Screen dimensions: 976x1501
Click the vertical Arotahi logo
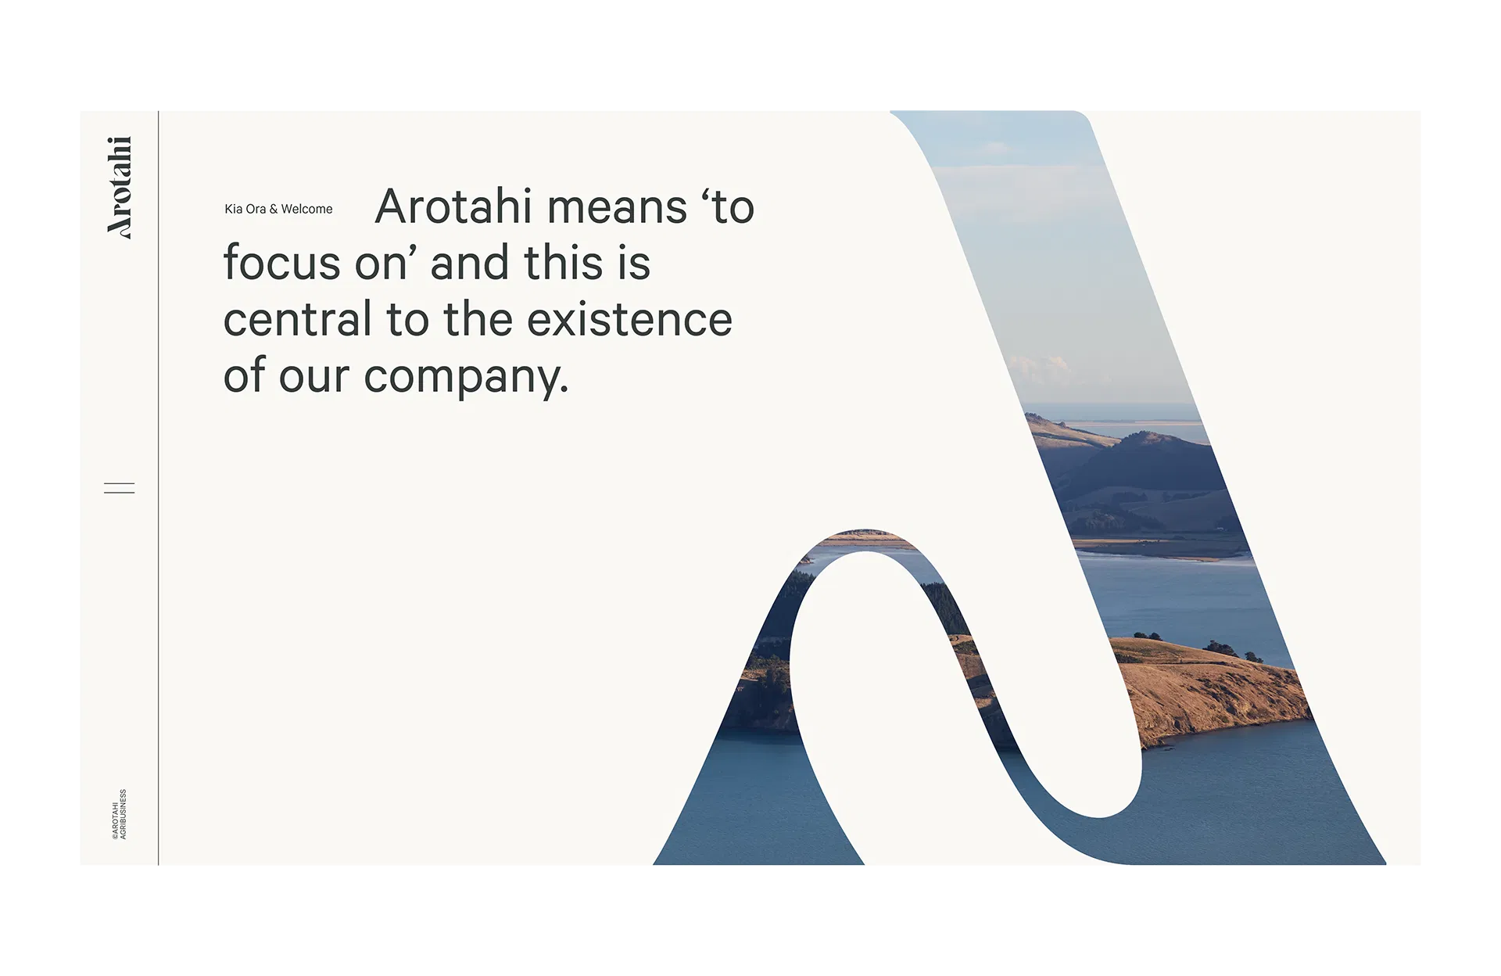tap(120, 187)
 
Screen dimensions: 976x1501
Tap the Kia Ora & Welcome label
tap(278, 209)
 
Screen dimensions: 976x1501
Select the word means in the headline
tap(617, 208)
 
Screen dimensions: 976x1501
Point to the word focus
tap(281, 263)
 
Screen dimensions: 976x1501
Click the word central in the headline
tap(297, 320)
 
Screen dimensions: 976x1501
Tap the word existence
tap(629, 320)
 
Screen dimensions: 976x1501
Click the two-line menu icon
tap(120, 488)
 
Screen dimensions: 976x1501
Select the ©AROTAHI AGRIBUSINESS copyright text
tap(119, 814)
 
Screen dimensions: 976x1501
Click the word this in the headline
tap(563, 263)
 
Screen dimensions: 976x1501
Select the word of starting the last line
tap(245, 376)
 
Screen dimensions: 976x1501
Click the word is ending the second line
tap(634, 263)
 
